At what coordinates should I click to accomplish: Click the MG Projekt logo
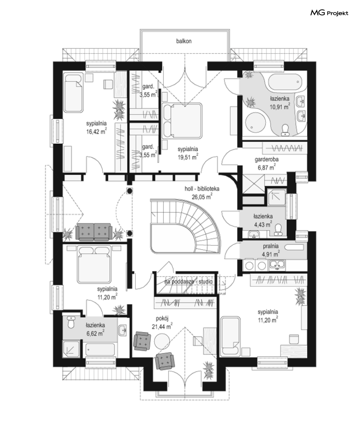pyautogui.click(x=329, y=13)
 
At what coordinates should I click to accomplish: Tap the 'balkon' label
pyautogui.click(x=184, y=41)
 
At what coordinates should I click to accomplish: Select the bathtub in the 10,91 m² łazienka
pyautogui.click(x=285, y=82)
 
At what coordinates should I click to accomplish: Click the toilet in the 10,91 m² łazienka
pyautogui.click(x=285, y=130)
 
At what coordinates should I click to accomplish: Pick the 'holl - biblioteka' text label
pyautogui.click(x=202, y=189)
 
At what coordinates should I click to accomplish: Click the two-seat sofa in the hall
pyautogui.click(x=94, y=232)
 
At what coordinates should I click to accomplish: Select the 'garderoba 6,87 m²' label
pyautogui.click(x=267, y=163)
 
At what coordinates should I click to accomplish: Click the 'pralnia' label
pyautogui.click(x=271, y=246)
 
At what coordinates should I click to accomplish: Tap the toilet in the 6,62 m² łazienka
pyautogui.click(x=71, y=322)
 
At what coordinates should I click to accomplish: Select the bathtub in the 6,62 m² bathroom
pyautogui.click(x=100, y=349)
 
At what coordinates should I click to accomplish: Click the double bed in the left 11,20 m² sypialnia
pyautogui.click(x=94, y=265)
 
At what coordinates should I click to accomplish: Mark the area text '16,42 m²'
pyautogui.click(x=96, y=132)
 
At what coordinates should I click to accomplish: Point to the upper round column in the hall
pyautogui.click(x=130, y=191)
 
